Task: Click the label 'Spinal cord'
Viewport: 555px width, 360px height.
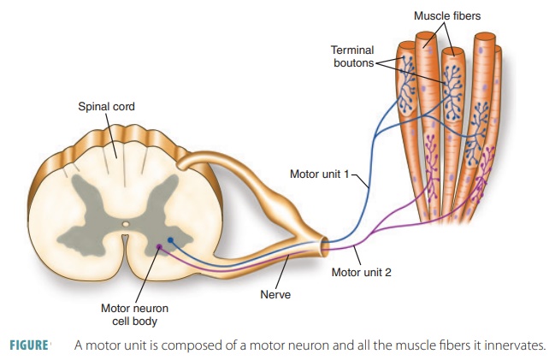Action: (106, 107)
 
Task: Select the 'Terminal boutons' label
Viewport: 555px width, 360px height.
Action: (351, 56)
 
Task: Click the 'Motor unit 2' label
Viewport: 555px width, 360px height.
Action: (361, 273)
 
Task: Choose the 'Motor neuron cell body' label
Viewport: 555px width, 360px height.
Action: (127, 314)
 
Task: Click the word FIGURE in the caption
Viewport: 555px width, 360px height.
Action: (28, 345)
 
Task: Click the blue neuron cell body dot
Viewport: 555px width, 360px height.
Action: (170, 240)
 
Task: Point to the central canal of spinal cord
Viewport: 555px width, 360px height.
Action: (126, 226)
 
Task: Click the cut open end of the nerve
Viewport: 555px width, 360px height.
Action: (326, 247)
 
